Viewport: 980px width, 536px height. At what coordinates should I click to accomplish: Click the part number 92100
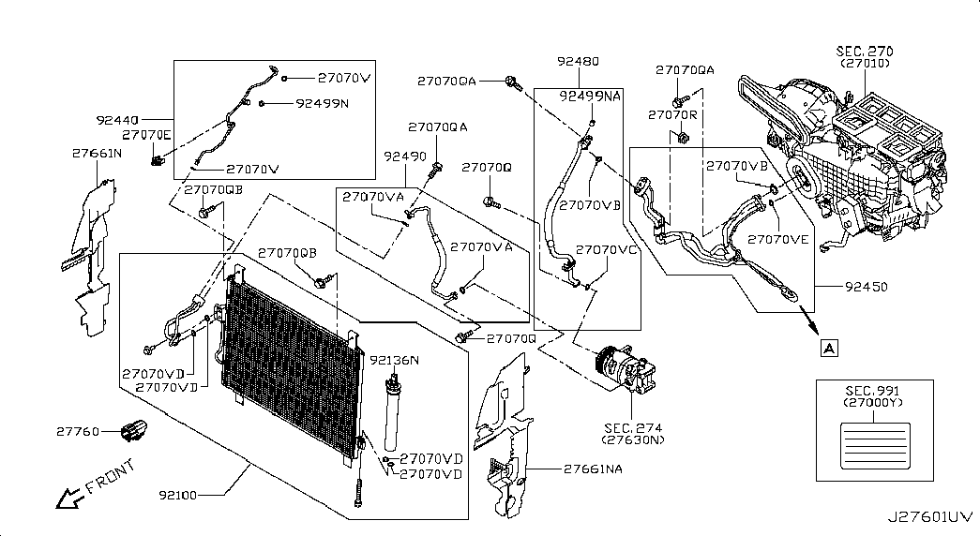177,495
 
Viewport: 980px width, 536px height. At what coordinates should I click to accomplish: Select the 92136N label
395,360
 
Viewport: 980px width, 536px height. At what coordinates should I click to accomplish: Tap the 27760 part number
78,431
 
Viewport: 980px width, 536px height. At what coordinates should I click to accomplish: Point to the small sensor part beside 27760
134,430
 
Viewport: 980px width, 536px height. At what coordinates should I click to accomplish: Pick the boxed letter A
829,348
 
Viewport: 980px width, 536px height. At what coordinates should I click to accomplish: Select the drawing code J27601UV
930,516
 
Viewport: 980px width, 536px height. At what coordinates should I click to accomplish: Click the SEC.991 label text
872,391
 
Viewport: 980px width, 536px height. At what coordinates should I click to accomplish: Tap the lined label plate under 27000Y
875,445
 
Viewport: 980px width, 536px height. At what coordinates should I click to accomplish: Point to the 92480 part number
578,61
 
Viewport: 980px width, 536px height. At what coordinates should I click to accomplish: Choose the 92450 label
867,287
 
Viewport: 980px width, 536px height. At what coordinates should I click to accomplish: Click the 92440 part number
117,119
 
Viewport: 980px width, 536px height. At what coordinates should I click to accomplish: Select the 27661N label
97,153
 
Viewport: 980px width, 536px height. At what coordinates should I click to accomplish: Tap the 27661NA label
593,469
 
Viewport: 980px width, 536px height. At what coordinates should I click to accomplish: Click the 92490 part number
405,156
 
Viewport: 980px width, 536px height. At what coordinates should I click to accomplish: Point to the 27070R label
672,115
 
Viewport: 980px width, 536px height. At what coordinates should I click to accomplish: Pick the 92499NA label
591,97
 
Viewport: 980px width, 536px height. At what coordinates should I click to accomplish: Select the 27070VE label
778,239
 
